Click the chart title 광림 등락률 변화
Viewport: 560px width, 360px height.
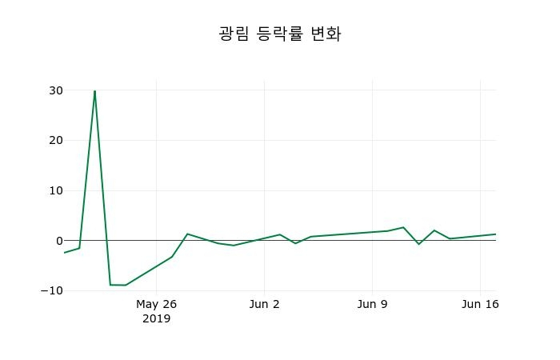[280, 34]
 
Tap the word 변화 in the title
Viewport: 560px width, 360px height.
[326, 34]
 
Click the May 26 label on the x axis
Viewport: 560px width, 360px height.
[156, 304]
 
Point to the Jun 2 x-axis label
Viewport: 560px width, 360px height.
[265, 304]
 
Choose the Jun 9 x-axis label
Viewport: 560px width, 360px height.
[372, 304]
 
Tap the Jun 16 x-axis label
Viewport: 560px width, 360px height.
[480, 304]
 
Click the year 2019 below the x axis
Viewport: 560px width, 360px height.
[156, 318]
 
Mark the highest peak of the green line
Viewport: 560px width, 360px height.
[94, 91]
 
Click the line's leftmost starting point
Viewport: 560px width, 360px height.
[64, 253]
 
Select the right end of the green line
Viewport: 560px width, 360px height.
[495, 234]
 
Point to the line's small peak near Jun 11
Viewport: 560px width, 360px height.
[403, 227]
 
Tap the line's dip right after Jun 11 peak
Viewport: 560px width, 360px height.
[418, 244]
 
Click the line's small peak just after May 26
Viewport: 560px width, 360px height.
[187, 234]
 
